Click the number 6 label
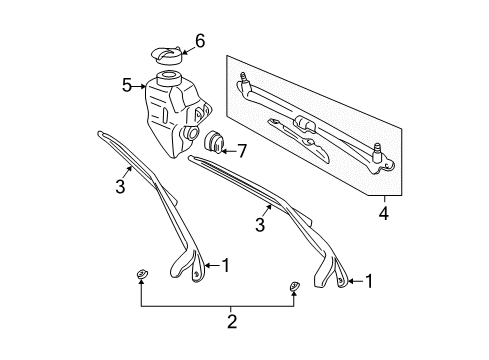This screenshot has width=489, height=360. [200, 41]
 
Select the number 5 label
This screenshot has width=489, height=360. [127, 86]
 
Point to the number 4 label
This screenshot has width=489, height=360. [384, 213]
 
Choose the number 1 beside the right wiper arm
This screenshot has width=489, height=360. [369, 282]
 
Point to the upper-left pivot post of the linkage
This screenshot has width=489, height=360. [242, 77]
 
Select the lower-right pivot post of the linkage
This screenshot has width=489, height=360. [378, 151]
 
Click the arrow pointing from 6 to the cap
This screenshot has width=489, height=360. [185, 44]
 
